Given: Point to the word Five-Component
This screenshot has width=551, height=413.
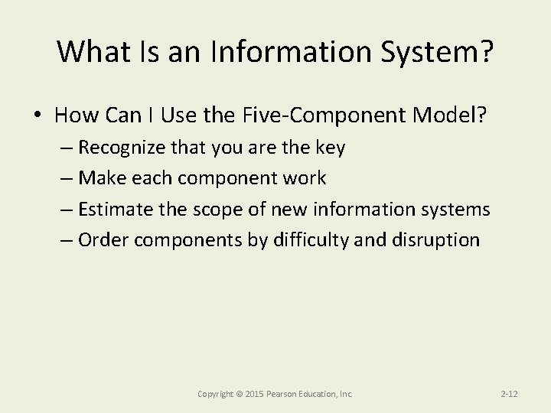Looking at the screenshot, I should point(330,115).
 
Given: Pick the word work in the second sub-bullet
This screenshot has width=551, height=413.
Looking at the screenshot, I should point(302,178).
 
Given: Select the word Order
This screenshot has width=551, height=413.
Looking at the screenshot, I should point(103,239).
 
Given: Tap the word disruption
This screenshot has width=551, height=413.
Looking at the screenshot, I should point(439,239).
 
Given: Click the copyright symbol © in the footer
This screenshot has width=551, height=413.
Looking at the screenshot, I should point(239,394).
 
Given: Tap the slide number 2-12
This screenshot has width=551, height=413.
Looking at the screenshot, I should point(509,394).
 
